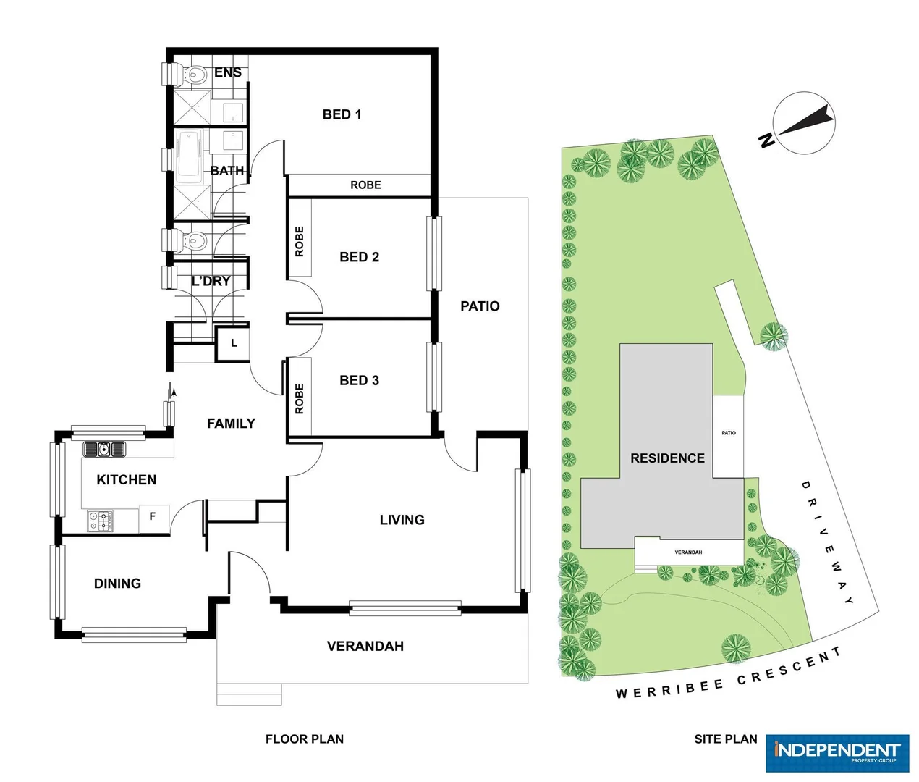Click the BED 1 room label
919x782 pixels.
click(342, 114)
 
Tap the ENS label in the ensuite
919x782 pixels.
click(228, 72)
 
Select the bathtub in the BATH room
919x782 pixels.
click(190, 154)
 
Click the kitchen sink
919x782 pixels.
click(105, 450)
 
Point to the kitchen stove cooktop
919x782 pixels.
click(101, 521)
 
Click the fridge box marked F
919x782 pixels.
click(153, 517)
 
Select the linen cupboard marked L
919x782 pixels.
click(234, 343)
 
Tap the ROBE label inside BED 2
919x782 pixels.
click(300, 242)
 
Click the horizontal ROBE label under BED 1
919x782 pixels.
click(365, 185)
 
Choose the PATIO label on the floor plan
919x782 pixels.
click(480, 306)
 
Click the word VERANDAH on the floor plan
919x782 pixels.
click(365, 647)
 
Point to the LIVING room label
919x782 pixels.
click(402, 520)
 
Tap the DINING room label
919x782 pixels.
click(117, 584)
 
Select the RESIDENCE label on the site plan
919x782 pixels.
click(667, 458)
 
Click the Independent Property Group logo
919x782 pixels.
click(837, 753)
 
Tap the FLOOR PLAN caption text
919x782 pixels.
click(305, 739)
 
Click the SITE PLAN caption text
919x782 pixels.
click(725, 739)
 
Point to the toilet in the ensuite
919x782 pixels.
click(192, 74)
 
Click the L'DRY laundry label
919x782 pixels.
click(211, 281)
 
